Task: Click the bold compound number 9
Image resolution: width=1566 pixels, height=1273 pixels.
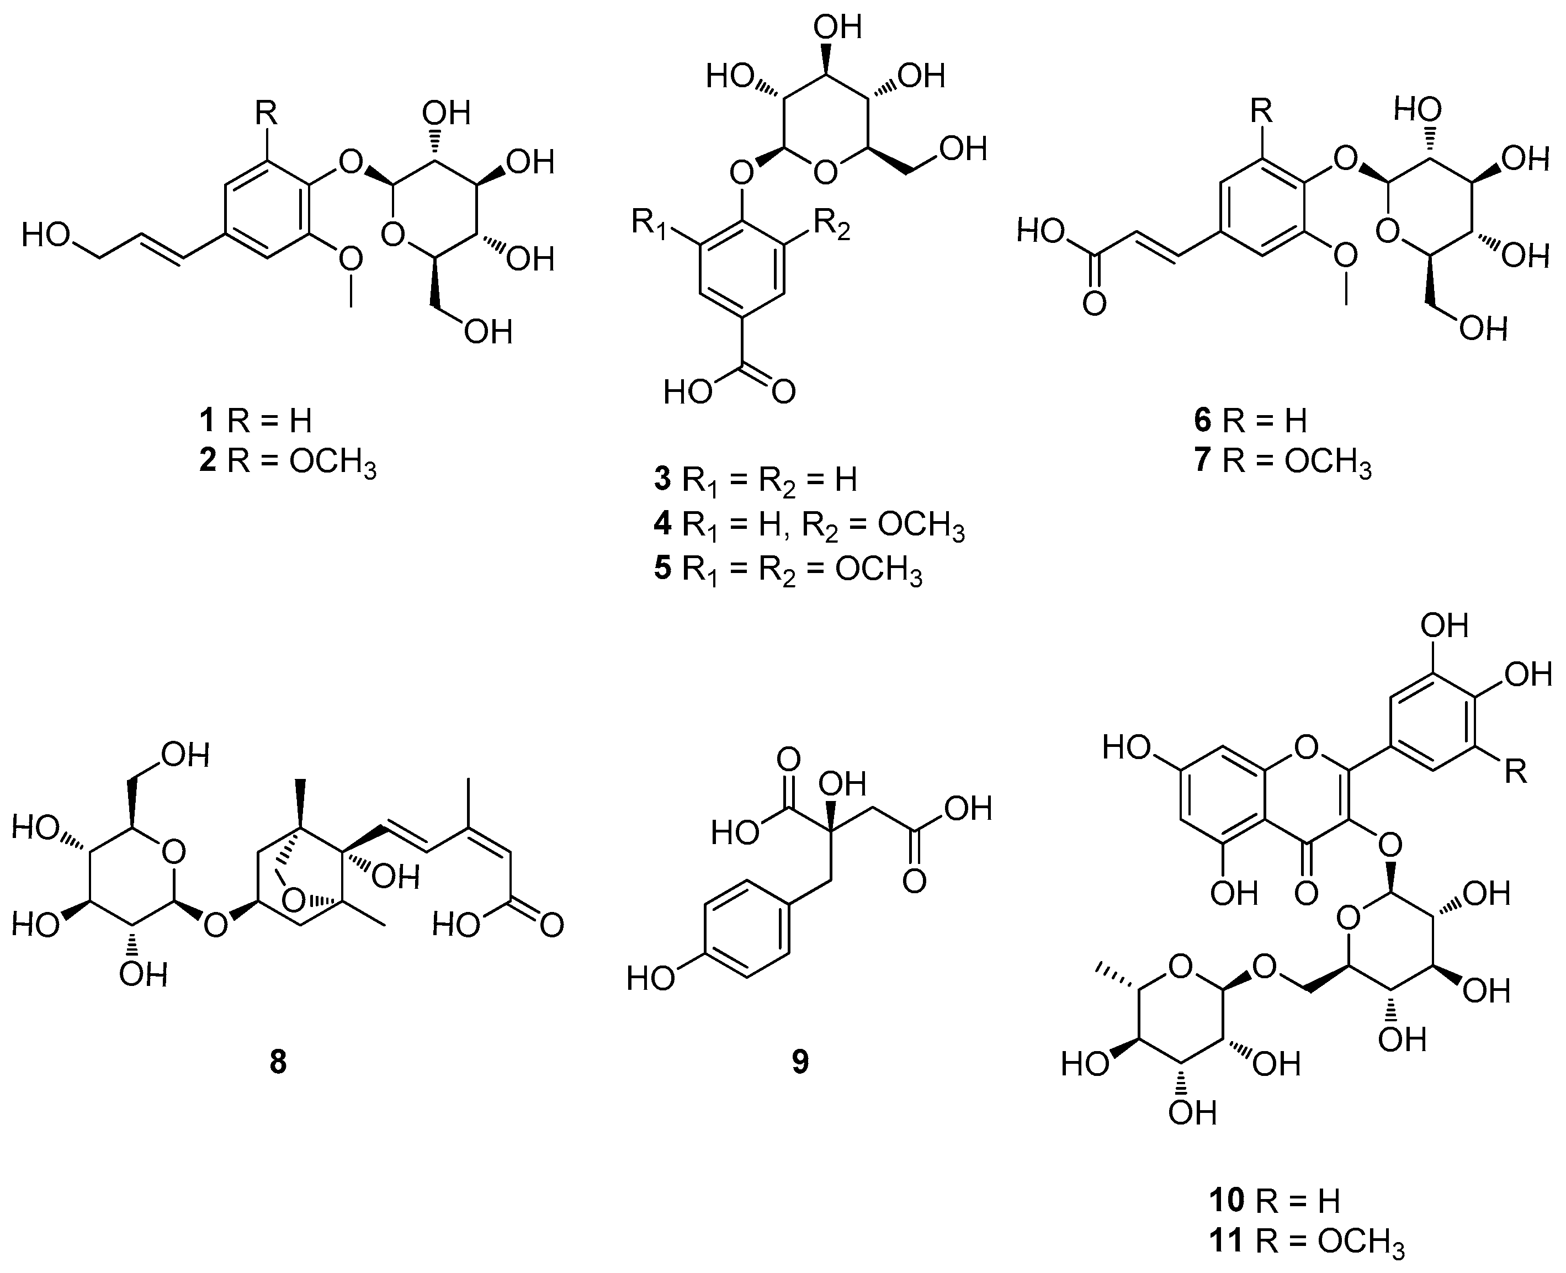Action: (800, 1061)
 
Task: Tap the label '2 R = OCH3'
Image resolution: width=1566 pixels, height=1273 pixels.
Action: (288, 464)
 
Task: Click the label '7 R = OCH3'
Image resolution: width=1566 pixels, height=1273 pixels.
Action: (1282, 464)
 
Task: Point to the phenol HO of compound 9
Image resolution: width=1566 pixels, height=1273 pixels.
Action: (651, 979)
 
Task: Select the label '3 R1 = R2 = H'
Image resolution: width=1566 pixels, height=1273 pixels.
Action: (756, 480)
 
